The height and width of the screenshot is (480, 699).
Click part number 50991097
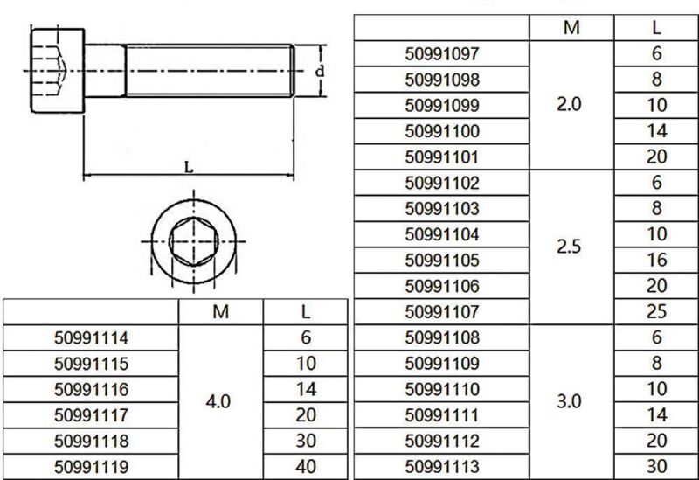point(443,54)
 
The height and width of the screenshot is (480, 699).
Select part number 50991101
point(443,158)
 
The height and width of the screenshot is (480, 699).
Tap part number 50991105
point(443,261)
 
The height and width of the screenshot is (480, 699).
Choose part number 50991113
point(443,466)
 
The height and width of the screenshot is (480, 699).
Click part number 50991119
point(91,467)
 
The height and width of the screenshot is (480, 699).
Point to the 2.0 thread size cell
point(569,106)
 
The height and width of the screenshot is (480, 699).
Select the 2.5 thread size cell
point(569,247)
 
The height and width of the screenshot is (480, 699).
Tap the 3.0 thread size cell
point(569,402)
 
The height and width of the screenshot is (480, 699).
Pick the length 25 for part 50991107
point(657,312)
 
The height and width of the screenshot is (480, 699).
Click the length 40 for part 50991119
point(305,467)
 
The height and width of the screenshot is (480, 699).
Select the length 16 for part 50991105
point(657,261)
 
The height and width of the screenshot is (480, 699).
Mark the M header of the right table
point(571,28)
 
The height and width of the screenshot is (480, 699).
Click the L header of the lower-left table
point(306,312)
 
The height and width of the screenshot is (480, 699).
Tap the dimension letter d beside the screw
point(320,72)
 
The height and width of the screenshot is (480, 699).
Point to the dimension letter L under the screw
point(189,168)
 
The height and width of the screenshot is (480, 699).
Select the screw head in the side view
point(58,70)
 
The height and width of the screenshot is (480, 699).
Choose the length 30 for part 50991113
point(657,466)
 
